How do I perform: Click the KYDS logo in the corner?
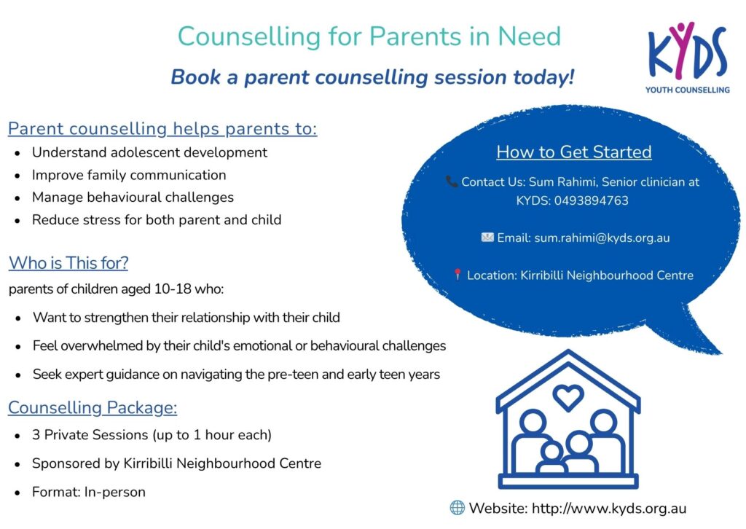tap(687, 57)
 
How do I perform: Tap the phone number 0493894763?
tap(591, 201)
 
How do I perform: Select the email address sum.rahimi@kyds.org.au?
tap(602, 238)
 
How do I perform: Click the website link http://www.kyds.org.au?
tap(609, 508)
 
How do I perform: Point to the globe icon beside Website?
tap(458, 508)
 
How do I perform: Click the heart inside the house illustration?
tap(568, 396)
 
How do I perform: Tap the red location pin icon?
tap(458, 275)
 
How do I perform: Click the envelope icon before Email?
tap(487, 237)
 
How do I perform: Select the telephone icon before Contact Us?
tap(452, 181)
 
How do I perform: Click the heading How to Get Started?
tap(574, 152)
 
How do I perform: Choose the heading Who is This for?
tap(68, 262)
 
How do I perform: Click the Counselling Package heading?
tap(93, 408)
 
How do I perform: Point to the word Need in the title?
tap(529, 36)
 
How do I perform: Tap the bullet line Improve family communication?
tap(129, 175)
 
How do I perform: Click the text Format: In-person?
tap(88, 492)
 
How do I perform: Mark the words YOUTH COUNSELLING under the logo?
tap(687, 90)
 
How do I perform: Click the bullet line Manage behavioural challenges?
tap(133, 197)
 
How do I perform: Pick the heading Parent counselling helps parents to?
tap(162, 129)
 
